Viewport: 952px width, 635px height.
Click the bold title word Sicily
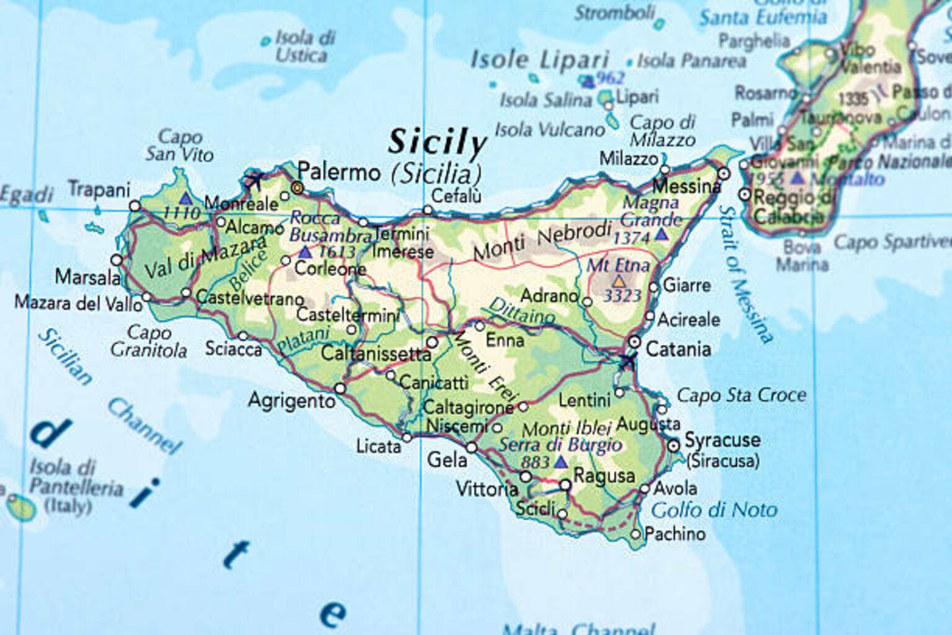pos(438,143)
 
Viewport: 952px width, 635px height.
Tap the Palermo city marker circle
pos(297,187)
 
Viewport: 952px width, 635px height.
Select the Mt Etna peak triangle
pos(619,281)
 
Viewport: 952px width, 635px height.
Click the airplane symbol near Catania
pos(627,362)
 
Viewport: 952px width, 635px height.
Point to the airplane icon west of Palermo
pos(253,180)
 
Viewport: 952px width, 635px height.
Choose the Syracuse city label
pos(722,440)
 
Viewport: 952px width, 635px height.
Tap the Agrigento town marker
pos(340,389)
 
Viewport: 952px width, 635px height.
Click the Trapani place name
pos(99,189)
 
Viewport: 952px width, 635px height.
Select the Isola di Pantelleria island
pos(20,508)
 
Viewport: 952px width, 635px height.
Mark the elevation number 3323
pos(622,296)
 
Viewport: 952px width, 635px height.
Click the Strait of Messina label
pos(746,273)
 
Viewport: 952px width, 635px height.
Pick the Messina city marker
pos(724,173)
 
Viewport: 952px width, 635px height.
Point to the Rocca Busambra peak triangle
pos(305,252)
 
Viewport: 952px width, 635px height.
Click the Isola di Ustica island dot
pos(266,42)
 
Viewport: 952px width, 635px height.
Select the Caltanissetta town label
pos(376,354)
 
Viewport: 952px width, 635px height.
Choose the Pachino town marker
pos(635,534)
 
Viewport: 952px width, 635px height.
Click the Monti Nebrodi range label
pos(542,241)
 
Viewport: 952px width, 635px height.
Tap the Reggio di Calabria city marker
pos(745,195)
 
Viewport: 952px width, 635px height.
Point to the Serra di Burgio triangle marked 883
pos(561,462)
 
